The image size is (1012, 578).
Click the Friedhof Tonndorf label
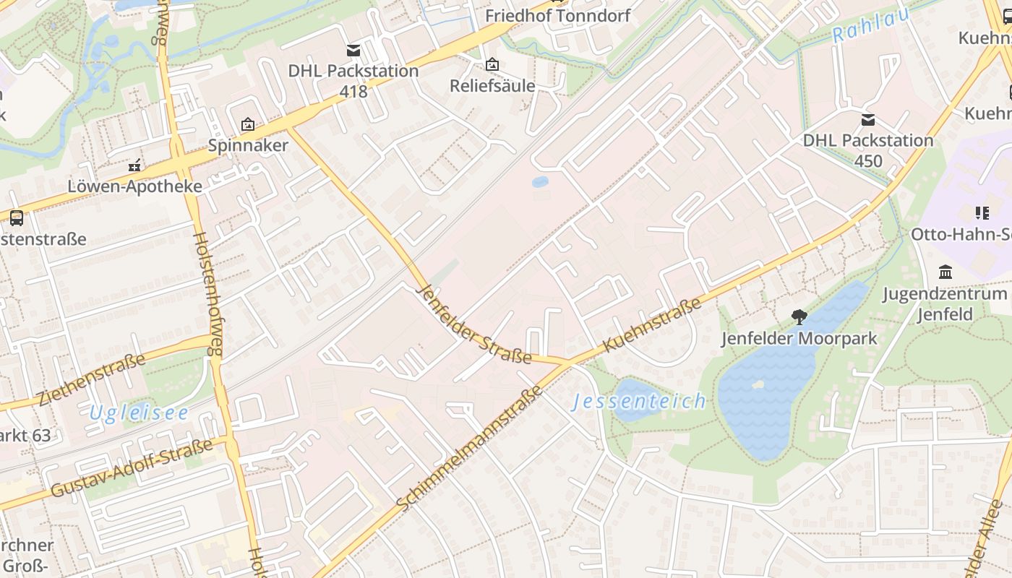pyautogui.click(x=557, y=15)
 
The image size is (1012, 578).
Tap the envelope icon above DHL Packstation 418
pyautogui.click(x=353, y=50)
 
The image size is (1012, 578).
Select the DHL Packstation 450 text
pyautogui.click(x=867, y=150)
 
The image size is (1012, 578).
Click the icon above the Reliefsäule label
pyautogui.click(x=492, y=65)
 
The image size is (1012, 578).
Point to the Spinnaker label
pyautogui.click(x=248, y=145)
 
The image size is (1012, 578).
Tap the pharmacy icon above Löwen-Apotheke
pyautogui.click(x=134, y=165)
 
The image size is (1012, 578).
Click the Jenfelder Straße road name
pyautogui.click(x=473, y=324)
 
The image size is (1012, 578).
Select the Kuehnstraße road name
pyautogui.click(x=651, y=325)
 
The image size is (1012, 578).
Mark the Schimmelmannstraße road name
pyautogui.click(x=470, y=448)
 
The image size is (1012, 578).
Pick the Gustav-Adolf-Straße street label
pyautogui.click(x=132, y=468)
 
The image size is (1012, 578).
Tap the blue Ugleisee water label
pyautogui.click(x=139, y=413)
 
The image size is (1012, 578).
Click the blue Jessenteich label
pyautogui.click(x=639, y=402)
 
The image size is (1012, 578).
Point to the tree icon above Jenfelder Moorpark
pyautogui.click(x=799, y=316)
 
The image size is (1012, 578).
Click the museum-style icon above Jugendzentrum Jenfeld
pyautogui.click(x=945, y=272)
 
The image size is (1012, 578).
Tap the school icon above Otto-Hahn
pyautogui.click(x=982, y=212)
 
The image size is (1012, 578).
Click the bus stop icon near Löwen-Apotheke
pyautogui.click(x=16, y=217)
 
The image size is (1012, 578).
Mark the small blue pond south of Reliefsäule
pyautogui.click(x=540, y=182)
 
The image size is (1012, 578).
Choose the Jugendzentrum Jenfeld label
pyautogui.click(x=944, y=304)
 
